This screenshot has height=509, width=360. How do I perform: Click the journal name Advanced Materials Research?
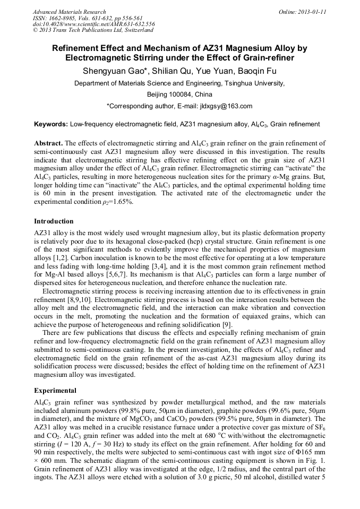pos(69,12)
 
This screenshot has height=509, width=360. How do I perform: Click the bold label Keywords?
pos(51,124)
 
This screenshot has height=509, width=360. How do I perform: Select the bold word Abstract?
pos(48,144)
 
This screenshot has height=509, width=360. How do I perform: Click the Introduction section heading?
pos(54,221)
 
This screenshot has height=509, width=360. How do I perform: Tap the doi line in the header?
pos(93,24)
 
